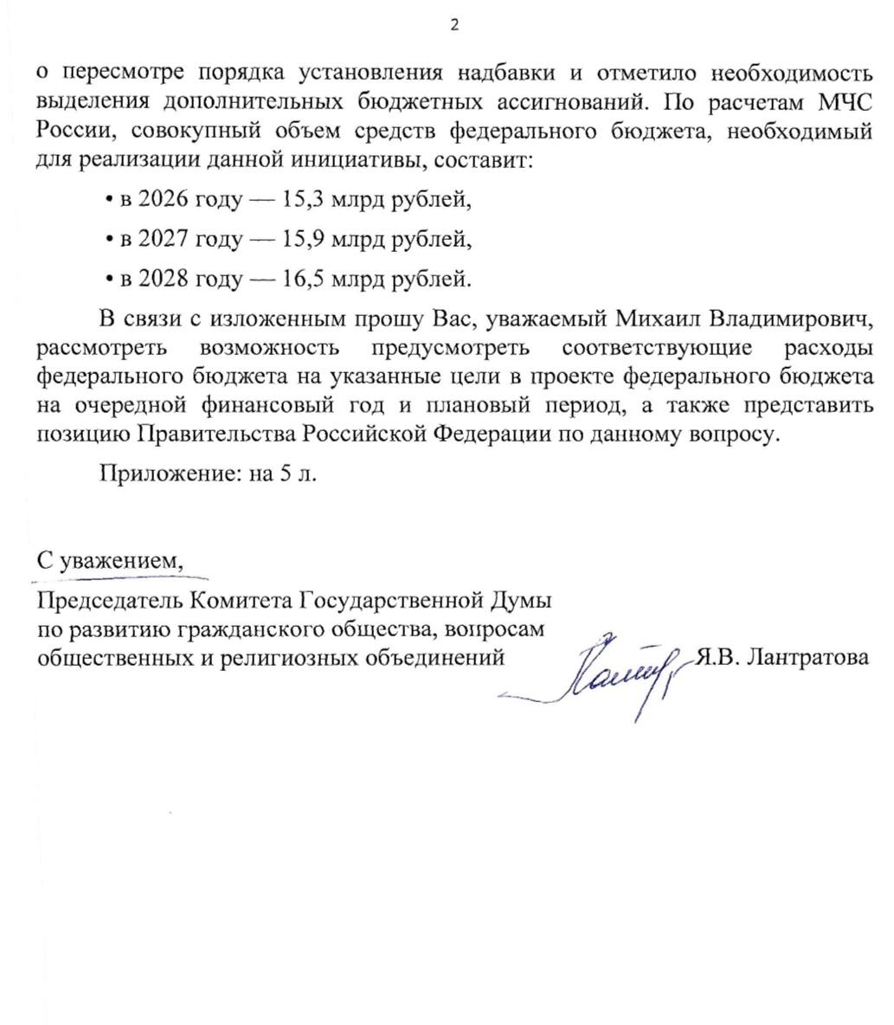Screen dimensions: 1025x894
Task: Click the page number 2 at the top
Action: pyautogui.click(x=454, y=25)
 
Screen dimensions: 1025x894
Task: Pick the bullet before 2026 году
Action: pyautogui.click(x=108, y=201)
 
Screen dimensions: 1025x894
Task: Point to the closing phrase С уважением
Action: pyautogui.click(x=110, y=561)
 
